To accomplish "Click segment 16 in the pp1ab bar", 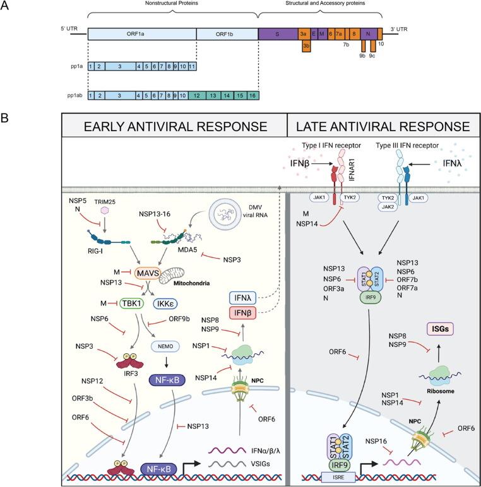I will pos(251,95).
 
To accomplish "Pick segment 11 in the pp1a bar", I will pos(191,66).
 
